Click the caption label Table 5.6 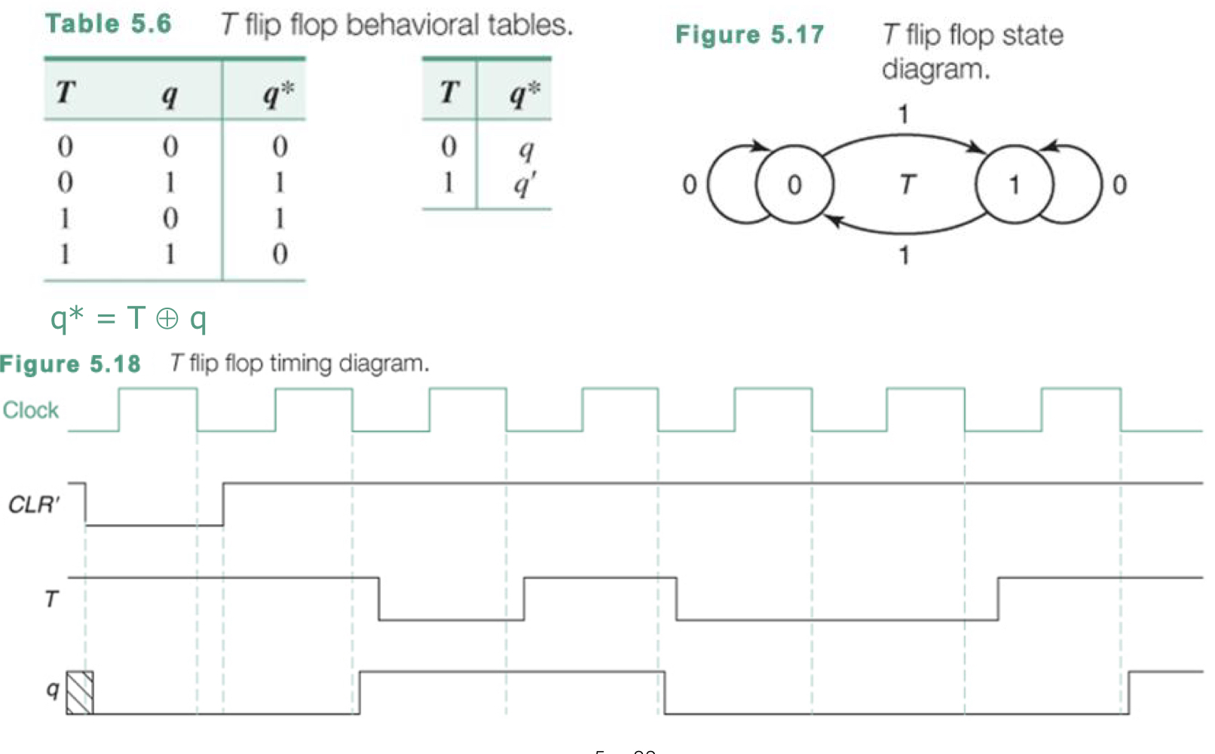tap(109, 24)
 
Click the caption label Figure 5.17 tap(749, 35)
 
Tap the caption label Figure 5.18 tap(70, 364)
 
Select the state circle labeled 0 tap(794, 185)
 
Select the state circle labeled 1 tap(1014, 185)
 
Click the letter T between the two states tap(907, 184)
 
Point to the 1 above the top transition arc tap(903, 115)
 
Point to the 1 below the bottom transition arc tap(904, 255)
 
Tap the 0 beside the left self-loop tap(689, 185)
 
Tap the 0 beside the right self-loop tap(1119, 185)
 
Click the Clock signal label tap(31, 410)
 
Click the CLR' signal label tap(34, 504)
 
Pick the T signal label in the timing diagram tap(51, 599)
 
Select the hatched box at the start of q tap(80, 692)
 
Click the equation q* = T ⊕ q tap(128, 318)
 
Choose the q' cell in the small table tap(524, 182)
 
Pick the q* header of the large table tap(279, 93)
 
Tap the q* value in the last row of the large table tap(280, 254)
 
